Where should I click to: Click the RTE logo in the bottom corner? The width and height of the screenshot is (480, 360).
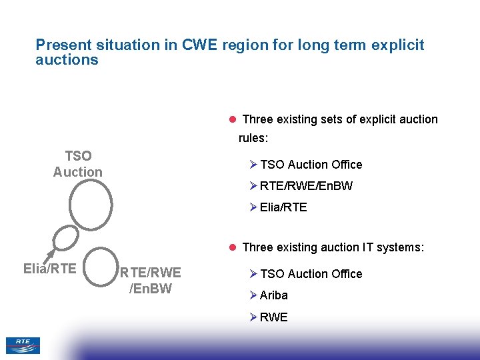tap(23, 345)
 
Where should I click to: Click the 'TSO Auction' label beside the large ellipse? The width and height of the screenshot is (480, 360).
tap(78, 164)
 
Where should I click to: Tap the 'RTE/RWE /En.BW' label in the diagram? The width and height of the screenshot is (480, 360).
tap(150, 281)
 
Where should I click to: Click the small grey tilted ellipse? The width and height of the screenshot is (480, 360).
tap(65, 238)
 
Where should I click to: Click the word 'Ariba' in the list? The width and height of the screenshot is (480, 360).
tap(274, 295)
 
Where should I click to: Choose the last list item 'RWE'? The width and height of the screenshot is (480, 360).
tap(274, 317)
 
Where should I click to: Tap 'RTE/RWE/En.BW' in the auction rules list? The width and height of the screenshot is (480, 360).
tap(306, 186)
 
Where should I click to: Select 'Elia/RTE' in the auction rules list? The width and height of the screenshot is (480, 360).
tap(283, 207)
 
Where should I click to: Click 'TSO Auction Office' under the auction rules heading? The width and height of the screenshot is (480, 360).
tap(311, 165)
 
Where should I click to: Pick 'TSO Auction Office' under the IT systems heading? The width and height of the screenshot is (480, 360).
tap(311, 274)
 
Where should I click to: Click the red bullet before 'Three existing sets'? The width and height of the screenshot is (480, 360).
tap(233, 119)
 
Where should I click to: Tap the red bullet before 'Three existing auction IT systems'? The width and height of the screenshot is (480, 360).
tap(233, 247)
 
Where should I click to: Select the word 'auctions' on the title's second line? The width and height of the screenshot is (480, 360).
tap(67, 59)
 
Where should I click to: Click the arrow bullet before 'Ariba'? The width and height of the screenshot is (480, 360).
tap(253, 295)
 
